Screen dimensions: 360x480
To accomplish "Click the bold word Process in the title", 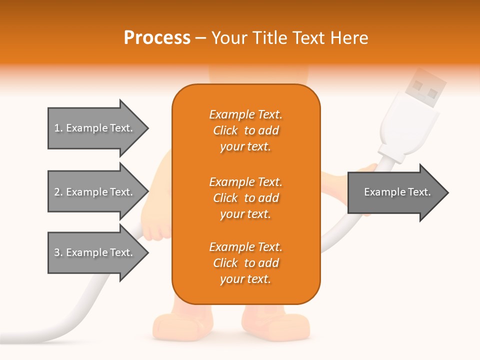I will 157,38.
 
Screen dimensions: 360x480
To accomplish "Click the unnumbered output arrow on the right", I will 397,192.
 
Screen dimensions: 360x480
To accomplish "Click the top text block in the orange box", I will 246,130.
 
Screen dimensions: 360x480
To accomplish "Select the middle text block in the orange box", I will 246,198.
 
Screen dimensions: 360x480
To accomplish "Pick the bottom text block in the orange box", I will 246,263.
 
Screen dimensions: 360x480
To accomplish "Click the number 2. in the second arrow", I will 58,192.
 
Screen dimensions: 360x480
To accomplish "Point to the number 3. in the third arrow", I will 58,252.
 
